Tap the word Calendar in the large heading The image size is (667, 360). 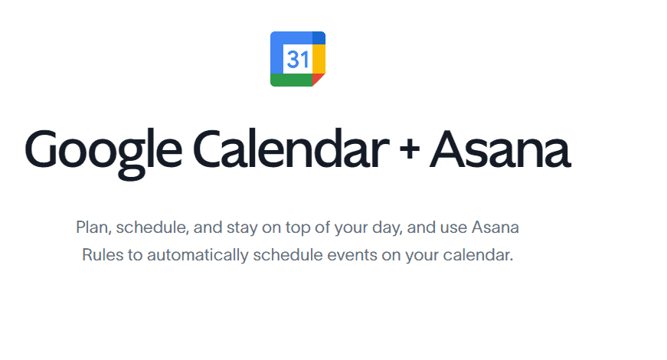(x=292, y=148)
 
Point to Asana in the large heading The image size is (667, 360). (x=500, y=149)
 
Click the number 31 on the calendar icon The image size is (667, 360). (x=298, y=59)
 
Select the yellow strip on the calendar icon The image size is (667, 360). (x=319, y=59)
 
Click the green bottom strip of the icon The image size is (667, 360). (x=292, y=80)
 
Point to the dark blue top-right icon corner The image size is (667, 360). (x=319, y=38)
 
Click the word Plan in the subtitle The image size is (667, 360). (x=93, y=227)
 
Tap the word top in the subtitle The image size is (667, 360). (x=298, y=228)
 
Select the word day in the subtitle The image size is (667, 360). (x=387, y=227)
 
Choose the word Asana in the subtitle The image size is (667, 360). (x=495, y=227)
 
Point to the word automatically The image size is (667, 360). (x=198, y=255)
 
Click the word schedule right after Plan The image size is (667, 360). (x=152, y=227)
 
